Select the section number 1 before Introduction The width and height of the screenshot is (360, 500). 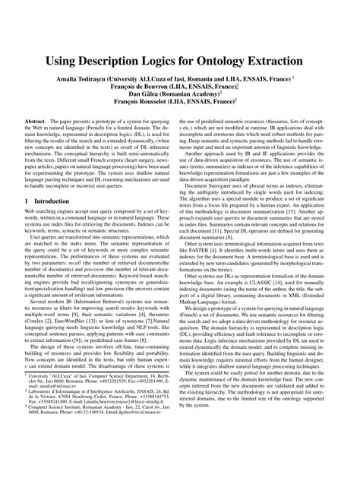(x=27, y=201)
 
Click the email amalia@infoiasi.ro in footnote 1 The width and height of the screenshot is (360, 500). (x=55, y=448)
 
